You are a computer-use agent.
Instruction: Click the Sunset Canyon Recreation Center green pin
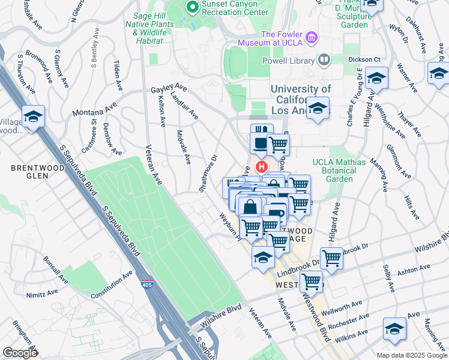tap(193, 7)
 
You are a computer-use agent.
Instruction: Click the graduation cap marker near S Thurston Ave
tap(34, 116)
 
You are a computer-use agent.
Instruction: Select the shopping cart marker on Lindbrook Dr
tap(331, 258)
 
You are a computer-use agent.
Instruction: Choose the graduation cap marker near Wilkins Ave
tap(394, 328)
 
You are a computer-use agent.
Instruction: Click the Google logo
tap(20, 352)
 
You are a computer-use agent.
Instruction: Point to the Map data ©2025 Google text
tap(412, 355)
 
